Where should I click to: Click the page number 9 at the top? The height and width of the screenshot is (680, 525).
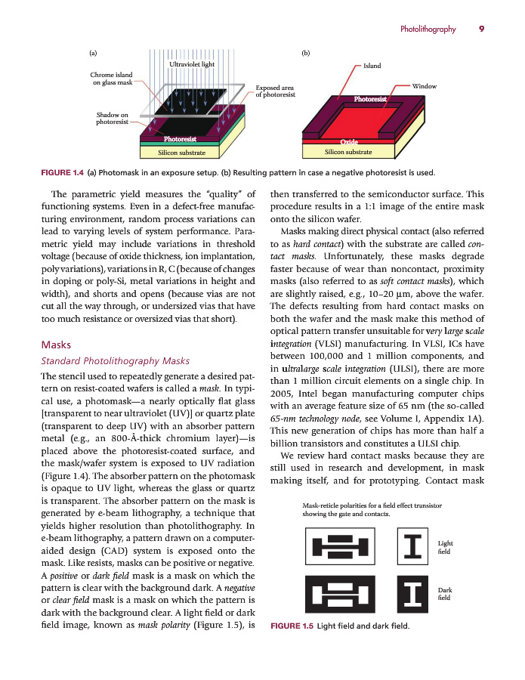(481, 29)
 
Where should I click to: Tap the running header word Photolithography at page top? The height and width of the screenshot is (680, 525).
(428, 29)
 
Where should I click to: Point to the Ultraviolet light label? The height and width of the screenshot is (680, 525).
(192, 66)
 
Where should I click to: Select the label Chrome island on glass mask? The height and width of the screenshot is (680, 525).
(111, 79)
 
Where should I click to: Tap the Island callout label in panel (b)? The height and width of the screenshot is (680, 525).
(372, 66)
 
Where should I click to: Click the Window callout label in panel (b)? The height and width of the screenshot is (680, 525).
(425, 86)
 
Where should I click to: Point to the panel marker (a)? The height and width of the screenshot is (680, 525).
(93, 54)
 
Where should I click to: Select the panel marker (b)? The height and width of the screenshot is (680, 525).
(306, 54)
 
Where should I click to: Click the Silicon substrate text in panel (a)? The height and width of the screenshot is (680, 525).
(181, 153)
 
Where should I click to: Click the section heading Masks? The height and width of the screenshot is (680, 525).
(54, 345)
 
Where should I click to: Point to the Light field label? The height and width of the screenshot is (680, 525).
(445, 547)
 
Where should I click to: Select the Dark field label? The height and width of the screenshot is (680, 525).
(445, 594)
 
